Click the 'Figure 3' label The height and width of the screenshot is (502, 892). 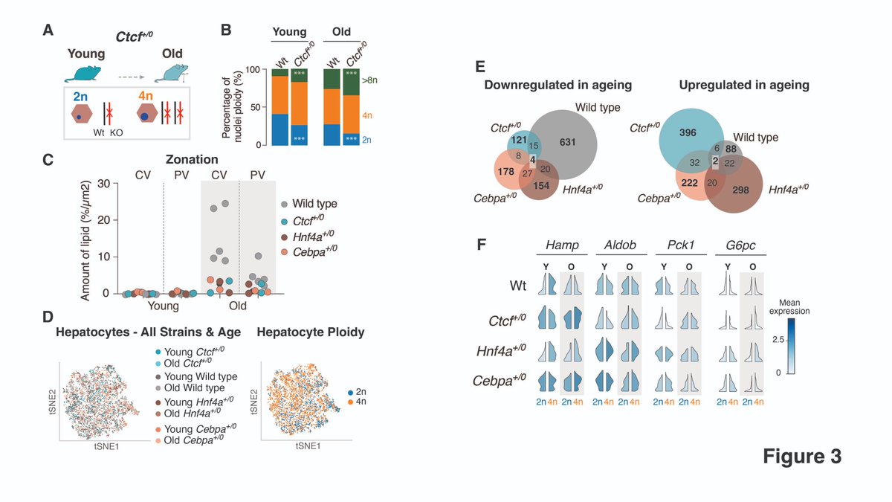802,457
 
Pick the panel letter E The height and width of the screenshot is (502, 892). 480,66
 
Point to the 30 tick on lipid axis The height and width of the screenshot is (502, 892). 104,184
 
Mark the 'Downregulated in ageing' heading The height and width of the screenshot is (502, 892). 557,85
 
